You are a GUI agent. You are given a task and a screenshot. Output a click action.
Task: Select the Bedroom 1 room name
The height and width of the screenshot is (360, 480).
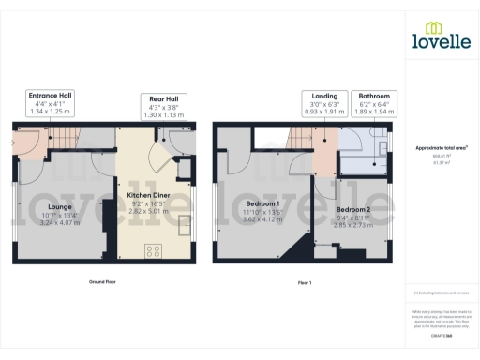[262, 203]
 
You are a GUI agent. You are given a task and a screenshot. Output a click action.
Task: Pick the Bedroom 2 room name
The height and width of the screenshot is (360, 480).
[353, 209]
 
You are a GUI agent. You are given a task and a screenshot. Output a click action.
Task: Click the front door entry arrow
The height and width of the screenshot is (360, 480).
[11, 143]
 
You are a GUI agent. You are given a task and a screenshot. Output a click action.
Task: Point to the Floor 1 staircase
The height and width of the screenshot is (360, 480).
[299, 138]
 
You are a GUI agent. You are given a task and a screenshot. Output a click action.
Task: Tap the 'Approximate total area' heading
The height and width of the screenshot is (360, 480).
[441, 147]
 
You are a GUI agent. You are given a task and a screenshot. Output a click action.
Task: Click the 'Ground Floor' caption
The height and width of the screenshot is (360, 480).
[103, 281]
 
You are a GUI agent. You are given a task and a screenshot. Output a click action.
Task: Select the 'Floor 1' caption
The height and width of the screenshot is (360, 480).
[305, 281]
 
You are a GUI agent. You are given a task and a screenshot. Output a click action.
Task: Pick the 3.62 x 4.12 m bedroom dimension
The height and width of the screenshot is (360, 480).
[262, 220]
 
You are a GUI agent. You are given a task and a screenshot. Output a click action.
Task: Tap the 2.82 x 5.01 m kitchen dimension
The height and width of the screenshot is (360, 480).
[150, 211]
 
